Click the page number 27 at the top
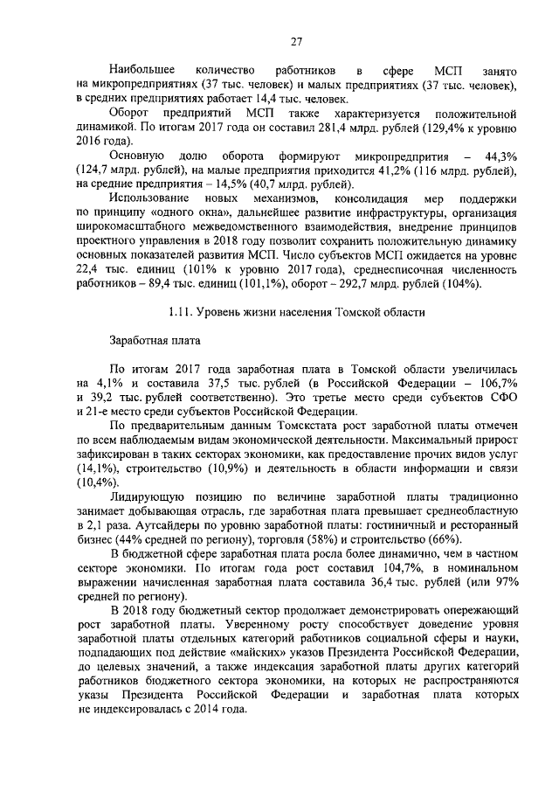(x=296, y=41)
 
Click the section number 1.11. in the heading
(x=182, y=312)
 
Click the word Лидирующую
(x=155, y=496)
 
